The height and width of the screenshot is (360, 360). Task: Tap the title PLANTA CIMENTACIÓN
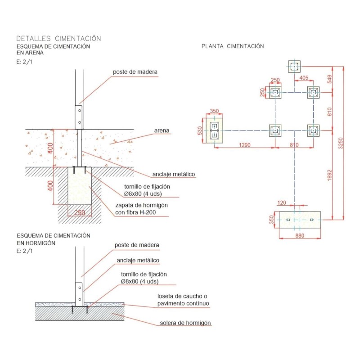pos(233,46)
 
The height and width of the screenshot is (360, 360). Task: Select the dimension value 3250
pos(341,143)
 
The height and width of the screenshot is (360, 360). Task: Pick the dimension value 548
pos(329,79)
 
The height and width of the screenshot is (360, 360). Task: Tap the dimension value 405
pos(304,78)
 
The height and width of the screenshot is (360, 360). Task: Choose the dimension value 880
pos(299,234)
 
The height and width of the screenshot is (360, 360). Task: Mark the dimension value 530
pos(200,130)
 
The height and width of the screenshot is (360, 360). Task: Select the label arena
pos(162,131)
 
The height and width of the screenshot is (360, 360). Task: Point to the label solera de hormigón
pos(185,323)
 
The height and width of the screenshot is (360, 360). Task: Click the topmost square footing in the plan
pos(294,67)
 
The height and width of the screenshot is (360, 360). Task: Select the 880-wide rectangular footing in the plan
pos(299,220)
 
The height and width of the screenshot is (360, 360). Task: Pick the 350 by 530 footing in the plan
pos(214,130)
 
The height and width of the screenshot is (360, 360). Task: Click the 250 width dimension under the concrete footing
pos(79,213)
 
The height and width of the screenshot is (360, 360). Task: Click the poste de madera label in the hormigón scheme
pos(137,245)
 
